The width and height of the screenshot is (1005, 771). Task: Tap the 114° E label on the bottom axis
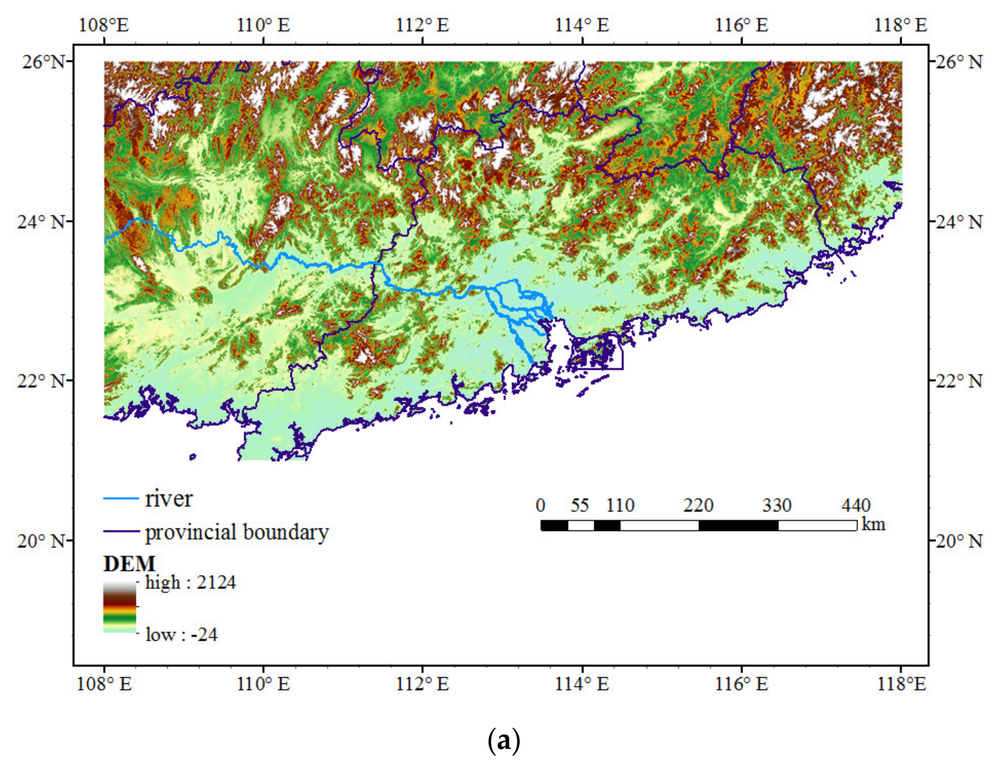[x=582, y=684]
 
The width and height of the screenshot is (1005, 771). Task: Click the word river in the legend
[x=169, y=499]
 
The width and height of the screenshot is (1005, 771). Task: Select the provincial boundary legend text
[x=237, y=532]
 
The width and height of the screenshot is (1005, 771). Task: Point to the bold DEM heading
[x=129, y=564]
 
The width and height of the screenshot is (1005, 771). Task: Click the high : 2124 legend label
[x=190, y=583]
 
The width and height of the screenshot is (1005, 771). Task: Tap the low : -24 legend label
[x=181, y=635]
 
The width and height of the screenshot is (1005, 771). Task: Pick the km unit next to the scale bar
[x=873, y=524]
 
